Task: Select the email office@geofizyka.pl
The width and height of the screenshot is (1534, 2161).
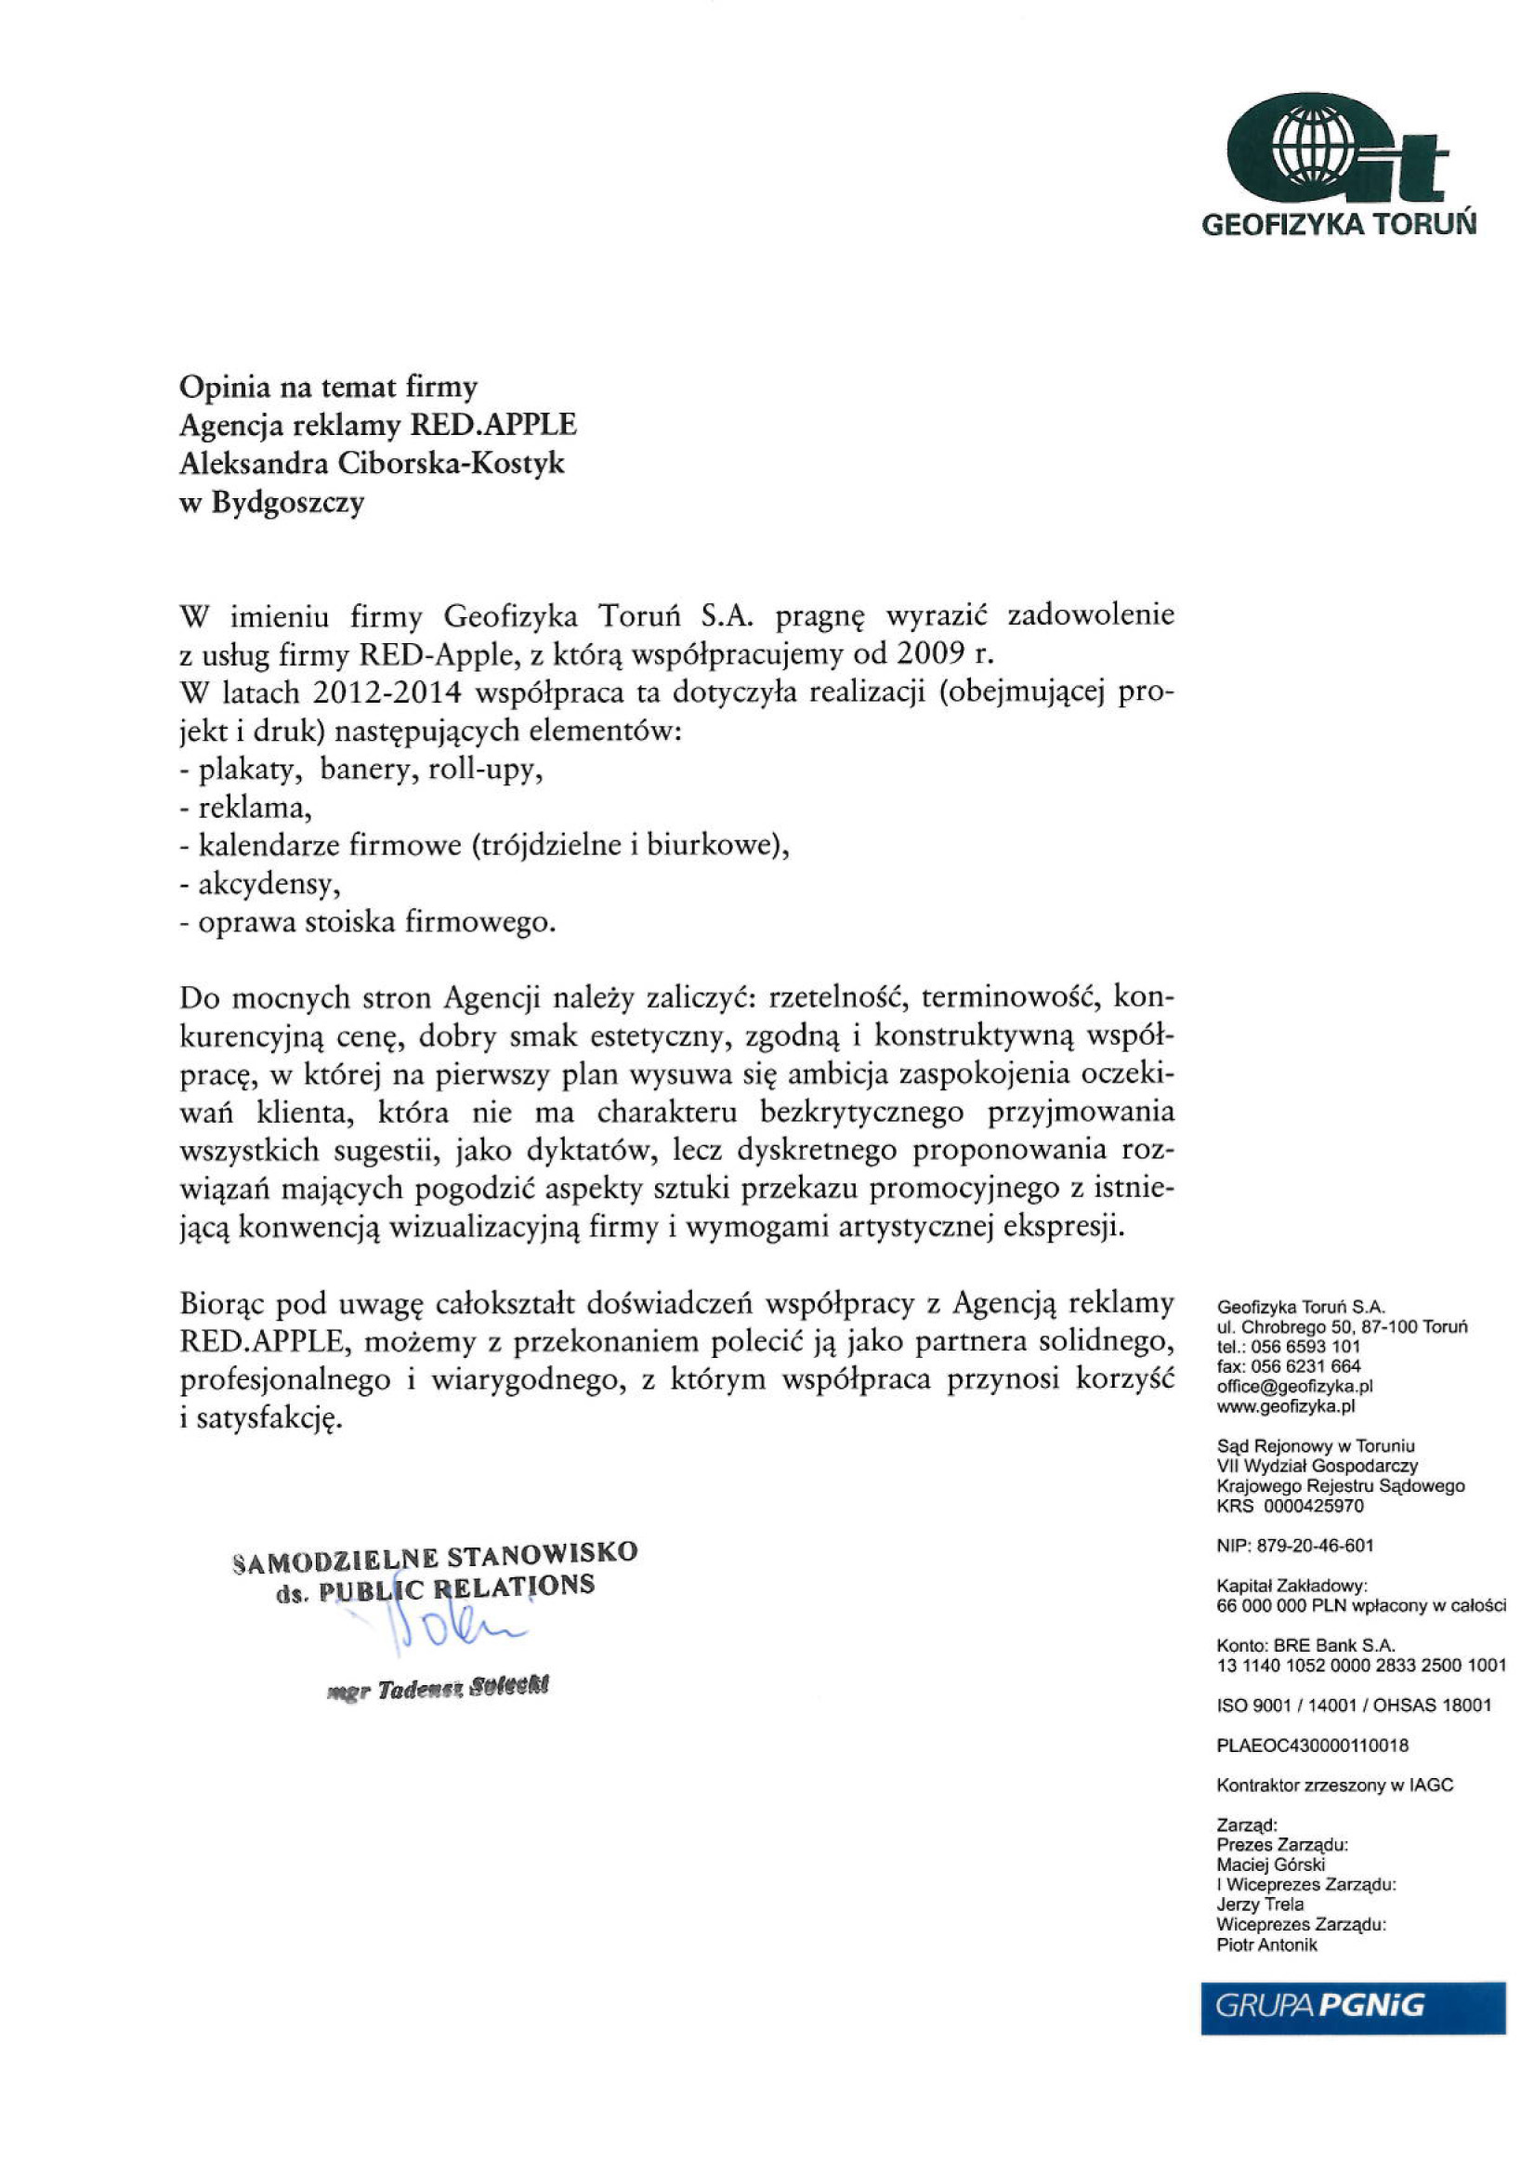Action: (1295, 1386)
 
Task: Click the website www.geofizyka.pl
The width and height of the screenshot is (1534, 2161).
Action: (1287, 1406)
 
